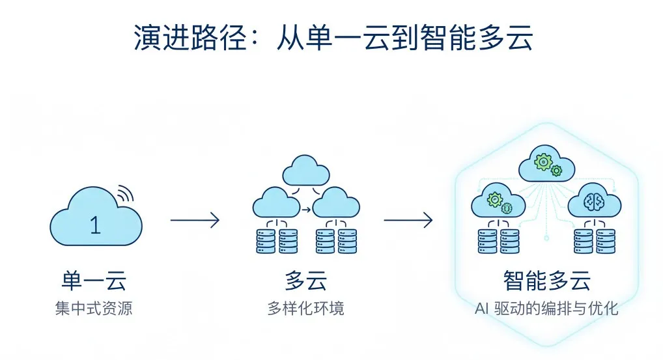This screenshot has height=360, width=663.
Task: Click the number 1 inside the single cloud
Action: pos(95,225)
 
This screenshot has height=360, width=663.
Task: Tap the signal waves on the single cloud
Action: pos(124,193)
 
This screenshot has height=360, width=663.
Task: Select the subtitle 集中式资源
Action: pos(94,308)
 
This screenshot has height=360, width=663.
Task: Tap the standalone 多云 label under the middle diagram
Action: pos(305,281)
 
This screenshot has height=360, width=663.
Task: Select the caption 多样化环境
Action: pos(305,308)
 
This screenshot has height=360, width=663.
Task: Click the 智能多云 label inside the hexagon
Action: pos(547,281)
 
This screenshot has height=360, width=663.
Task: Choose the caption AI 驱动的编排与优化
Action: pos(547,308)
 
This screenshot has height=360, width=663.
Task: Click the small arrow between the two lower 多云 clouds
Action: pos(305,210)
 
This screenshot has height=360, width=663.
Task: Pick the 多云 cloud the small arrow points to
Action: pos(336,202)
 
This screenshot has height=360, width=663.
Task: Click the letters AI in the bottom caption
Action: pos(482,308)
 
